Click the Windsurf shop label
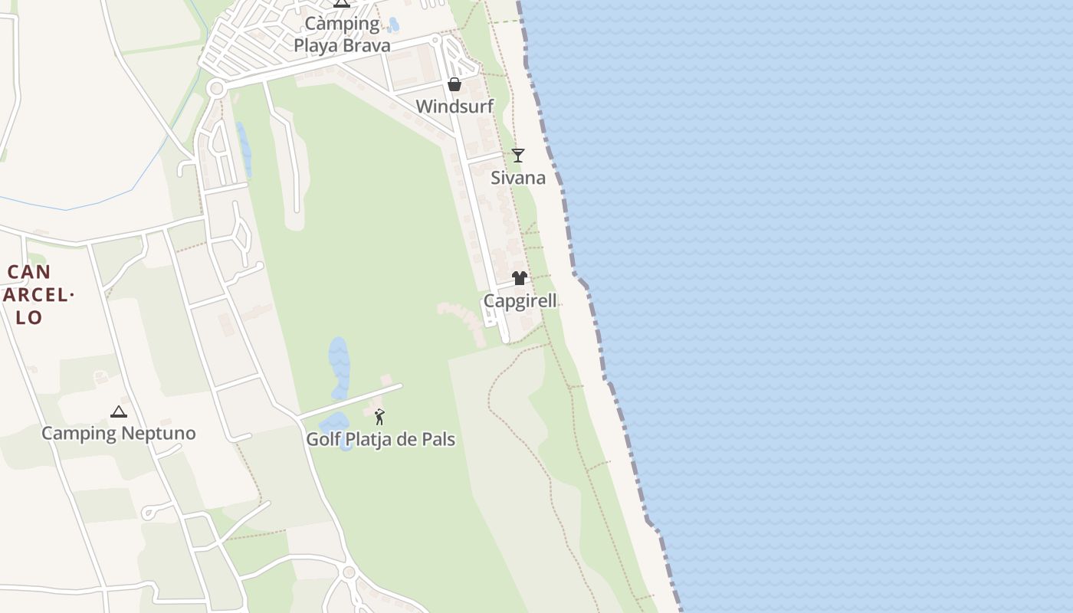click(454, 107)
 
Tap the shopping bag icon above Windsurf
click(454, 84)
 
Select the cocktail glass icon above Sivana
click(518, 156)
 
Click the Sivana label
click(518, 179)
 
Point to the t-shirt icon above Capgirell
click(520, 278)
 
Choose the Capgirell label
click(520, 301)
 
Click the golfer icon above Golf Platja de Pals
click(379, 417)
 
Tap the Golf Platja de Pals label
click(380, 440)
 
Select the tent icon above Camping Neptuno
click(118, 412)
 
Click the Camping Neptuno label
click(118, 434)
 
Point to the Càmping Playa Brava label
click(342, 34)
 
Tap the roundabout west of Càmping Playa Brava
click(216, 89)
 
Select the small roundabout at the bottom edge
click(349, 572)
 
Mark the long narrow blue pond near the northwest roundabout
click(244, 149)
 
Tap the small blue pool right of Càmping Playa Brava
click(393, 25)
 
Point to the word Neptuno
click(157, 434)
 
